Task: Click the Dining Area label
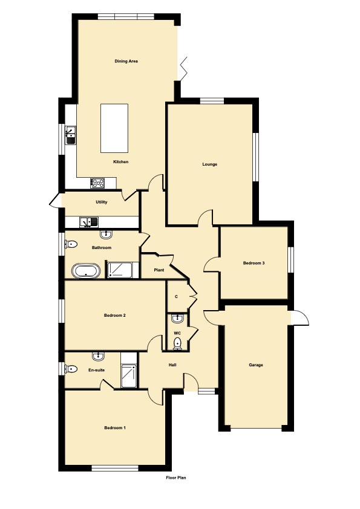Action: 126,61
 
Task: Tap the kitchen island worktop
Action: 114,128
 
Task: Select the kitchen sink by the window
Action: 70,135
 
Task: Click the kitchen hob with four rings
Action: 97,183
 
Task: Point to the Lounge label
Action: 209,164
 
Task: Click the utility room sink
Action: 89,222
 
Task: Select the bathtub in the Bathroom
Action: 86,271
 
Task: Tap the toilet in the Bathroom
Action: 71,244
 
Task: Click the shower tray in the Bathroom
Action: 120,270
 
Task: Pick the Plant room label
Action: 159,270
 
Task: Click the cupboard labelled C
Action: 177,296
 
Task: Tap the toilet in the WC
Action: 177,343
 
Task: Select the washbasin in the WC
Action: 177,319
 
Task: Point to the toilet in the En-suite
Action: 71,369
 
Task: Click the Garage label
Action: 256,365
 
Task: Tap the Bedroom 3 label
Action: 254,263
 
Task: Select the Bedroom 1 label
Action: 115,428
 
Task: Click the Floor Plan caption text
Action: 176,478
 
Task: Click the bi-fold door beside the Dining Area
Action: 183,68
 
